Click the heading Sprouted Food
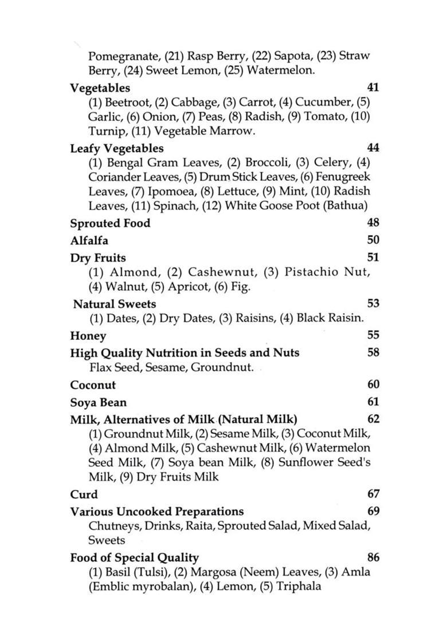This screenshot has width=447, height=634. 110,223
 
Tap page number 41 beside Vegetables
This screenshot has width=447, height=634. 372,88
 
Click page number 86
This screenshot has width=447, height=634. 372,557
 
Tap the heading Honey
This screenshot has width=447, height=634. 88,336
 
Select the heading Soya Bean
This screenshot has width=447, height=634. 99,402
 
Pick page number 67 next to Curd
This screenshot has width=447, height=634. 372,494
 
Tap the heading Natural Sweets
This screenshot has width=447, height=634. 115,304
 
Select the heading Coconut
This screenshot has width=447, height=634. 93,385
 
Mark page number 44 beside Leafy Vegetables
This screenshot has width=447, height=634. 372,148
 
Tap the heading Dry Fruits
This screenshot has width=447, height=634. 98,258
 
